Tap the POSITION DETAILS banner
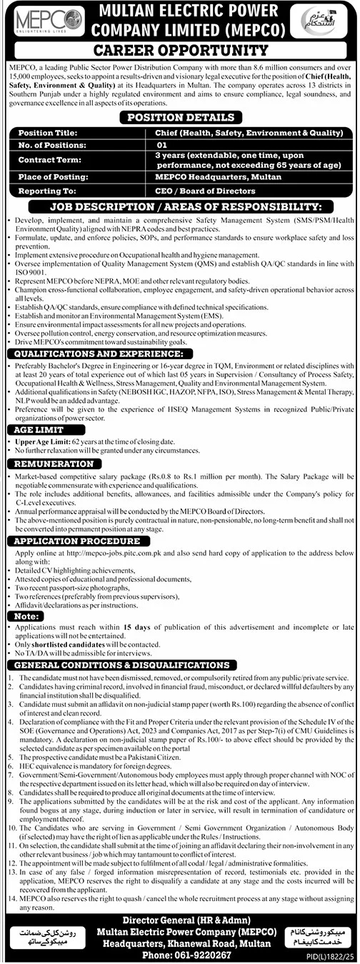tap(179, 116)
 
